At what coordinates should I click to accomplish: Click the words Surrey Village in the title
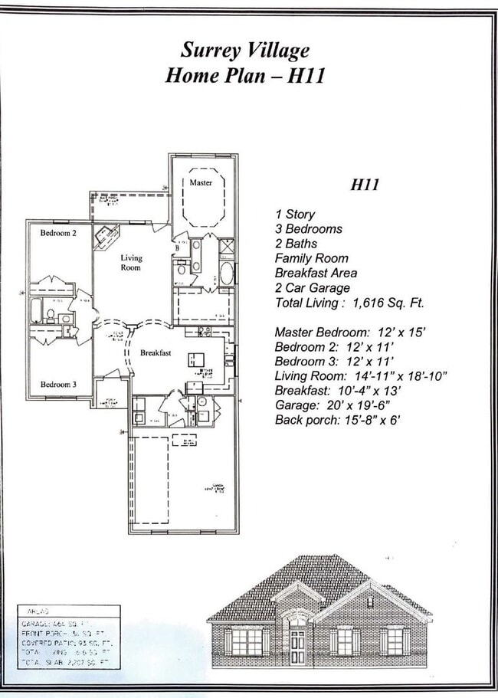point(245,51)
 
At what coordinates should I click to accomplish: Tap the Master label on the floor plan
point(201,182)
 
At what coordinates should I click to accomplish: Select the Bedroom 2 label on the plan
point(58,232)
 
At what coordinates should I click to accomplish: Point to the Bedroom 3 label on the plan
point(58,384)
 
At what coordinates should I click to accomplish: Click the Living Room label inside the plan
point(131,263)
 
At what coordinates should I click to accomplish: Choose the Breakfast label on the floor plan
point(156,352)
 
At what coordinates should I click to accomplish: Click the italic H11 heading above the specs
point(366,184)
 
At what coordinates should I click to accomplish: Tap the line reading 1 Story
point(295,215)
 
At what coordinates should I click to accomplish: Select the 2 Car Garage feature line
point(312,288)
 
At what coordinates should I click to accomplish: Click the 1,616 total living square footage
point(388,303)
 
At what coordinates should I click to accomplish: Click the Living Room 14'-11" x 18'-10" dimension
point(360,375)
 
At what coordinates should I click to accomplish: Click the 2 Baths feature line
point(297,244)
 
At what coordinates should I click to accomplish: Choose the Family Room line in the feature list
point(311,258)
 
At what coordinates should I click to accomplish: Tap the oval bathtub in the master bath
point(226,274)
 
